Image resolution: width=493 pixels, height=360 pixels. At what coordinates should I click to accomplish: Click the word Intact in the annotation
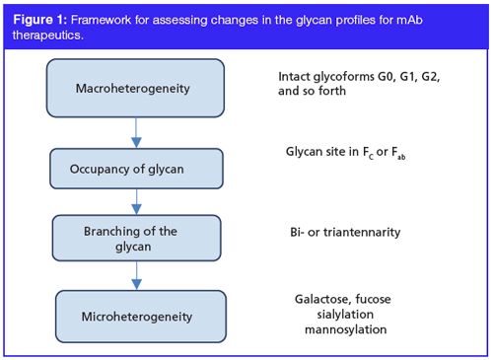[x=299, y=77]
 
